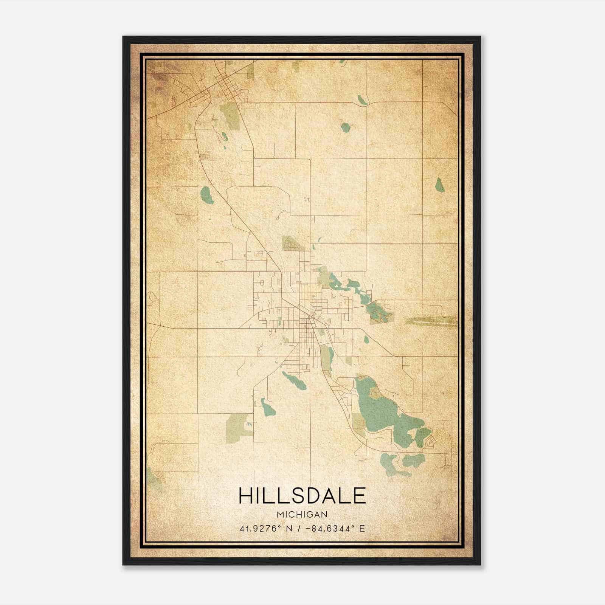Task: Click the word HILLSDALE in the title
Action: pos(302,495)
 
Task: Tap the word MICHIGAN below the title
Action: pos(302,515)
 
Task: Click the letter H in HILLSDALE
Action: pos(246,495)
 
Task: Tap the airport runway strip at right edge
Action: pos(431,321)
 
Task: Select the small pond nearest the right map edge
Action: pos(439,185)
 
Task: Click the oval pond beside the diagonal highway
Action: pos(206,194)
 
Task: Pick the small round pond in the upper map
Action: pos(344,127)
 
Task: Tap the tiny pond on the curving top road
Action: pos(362,100)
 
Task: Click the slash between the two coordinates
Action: pos(300,529)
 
